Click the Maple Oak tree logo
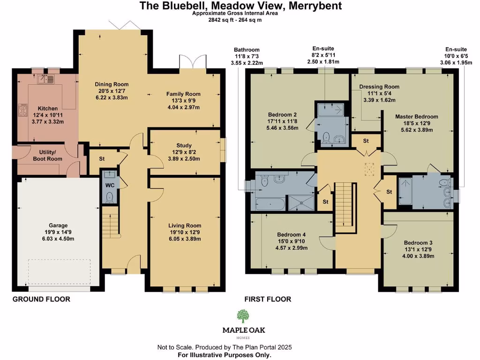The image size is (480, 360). (x=243, y=316)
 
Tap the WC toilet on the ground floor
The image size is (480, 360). (x=110, y=198)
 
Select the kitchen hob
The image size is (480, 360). (x=22, y=111)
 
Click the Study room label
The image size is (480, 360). (x=184, y=145)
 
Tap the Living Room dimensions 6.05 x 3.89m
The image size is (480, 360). (x=184, y=239)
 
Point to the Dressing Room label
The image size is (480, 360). (x=379, y=87)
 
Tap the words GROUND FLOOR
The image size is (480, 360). (x=41, y=299)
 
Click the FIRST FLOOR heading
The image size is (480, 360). (x=268, y=299)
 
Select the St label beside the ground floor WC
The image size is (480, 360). (x=102, y=158)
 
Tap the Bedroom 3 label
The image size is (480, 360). (x=418, y=243)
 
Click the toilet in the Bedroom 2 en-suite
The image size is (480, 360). (x=326, y=136)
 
